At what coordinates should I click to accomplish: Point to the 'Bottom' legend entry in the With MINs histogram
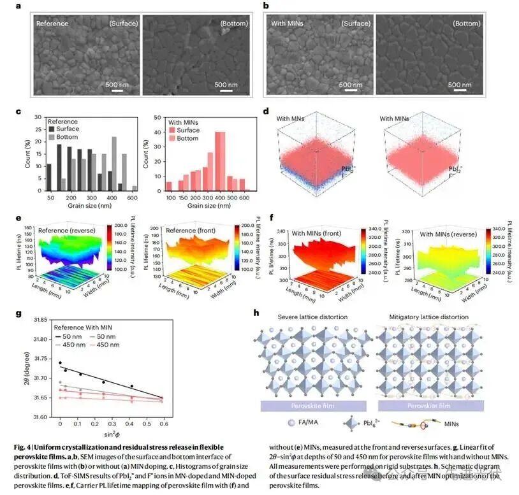pos(186,138)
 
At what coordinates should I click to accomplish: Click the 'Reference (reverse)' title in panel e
pos(67,231)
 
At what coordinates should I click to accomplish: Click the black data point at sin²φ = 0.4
pos(131,386)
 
